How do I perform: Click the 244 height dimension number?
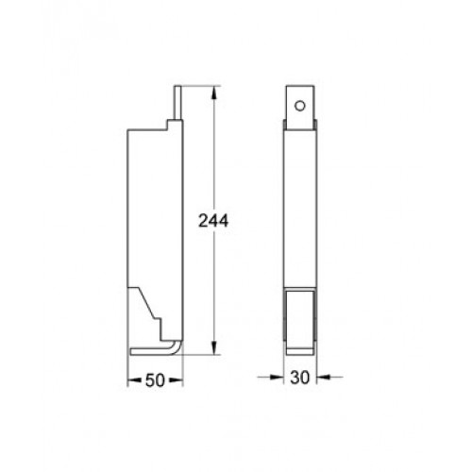pyautogui.click(x=213, y=221)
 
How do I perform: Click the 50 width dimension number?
pyautogui.click(x=155, y=380)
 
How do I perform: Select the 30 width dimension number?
pyautogui.click(x=299, y=378)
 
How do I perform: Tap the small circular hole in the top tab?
pyautogui.click(x=300, y=106)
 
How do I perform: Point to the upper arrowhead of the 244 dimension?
pyautogui.click(x=214, y=93)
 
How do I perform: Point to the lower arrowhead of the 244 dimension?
pyautogui.click(x=214, y=347)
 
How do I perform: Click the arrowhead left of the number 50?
pyautogui.click(x=134, y=380)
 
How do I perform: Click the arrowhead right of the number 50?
pyautogui.click(x=176, y=380)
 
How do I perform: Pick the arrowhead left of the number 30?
pyautogui.click(x=277, y=377)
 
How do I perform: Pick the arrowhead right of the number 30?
pyautogui.click(x=324, y=377)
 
